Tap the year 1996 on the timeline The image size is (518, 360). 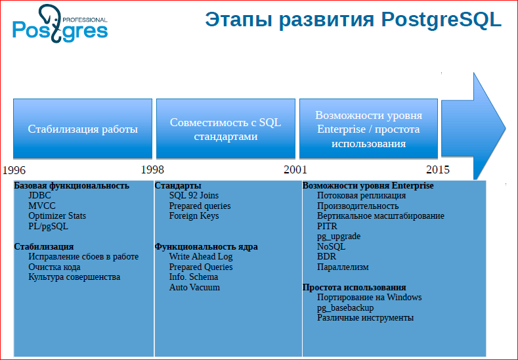click(x=14, y=169)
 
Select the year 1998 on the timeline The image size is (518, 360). click(x=152, y=169)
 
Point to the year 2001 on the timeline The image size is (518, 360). click(x=295, y=169)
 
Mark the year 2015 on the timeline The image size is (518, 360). click(x=437, y=169)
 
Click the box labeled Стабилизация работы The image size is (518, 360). click(x=83, y=129)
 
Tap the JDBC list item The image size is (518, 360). click(x=39, y=196)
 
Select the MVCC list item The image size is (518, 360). click(x=41, y=206)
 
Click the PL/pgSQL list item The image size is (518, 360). click(x=48, y=226)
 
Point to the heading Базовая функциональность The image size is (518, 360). click(x=72, y=186)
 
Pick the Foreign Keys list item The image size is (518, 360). click(x=194, y=215)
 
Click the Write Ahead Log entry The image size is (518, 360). click(x=200, y=257)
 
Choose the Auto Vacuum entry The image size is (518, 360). click(x=194, y=287)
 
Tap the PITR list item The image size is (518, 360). click(x=327, y=226)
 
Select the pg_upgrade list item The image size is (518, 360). click(x=338, y=236)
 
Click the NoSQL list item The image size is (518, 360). click(x=331, y=246)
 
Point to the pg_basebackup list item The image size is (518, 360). click(x=345, y=307)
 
